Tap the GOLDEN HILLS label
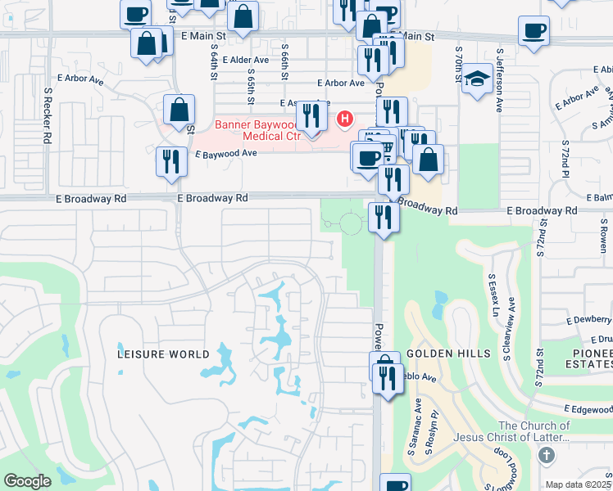[x=448, y=354]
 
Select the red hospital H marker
[x=345, y=119]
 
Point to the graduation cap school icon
[x=476, y=80]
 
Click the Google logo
[x=27, y=481]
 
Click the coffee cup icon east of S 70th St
[x=534, y=31]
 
